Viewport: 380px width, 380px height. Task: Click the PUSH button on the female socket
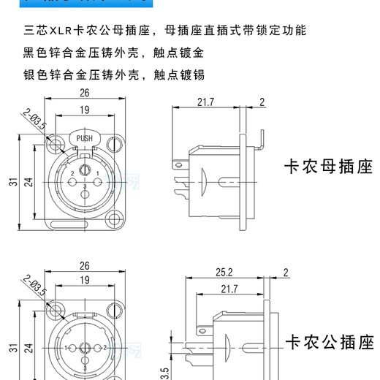pyautogui.click(x=84, y=137)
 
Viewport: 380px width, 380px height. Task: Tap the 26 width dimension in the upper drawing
pyautogui.click(x=84, y=93)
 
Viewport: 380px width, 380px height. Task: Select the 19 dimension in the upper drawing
pyautogui.click(x=84, y=110)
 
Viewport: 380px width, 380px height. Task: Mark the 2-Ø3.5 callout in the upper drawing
pyautogui.click(x=34, y=119)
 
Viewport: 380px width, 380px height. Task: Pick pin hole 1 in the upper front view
pyautogui.click(x=97, y=173)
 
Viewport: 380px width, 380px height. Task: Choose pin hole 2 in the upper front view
pyautogui.click(x=72, y=173)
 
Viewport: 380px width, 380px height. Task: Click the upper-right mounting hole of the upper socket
pyautogui.click(x=113, y=138)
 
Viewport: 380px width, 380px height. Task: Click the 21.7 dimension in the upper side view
pyautogui.click(x=207, y=102)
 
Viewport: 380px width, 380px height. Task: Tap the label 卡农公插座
pyautogui.click(x=328, y=343)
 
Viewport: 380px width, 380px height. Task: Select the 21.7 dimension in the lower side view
pyautogui.click(x=229, y=290)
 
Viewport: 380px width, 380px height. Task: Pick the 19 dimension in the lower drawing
pyautogui.click(x=84, y=281)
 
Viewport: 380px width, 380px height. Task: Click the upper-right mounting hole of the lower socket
pyautogui.click(x=113, y=310)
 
